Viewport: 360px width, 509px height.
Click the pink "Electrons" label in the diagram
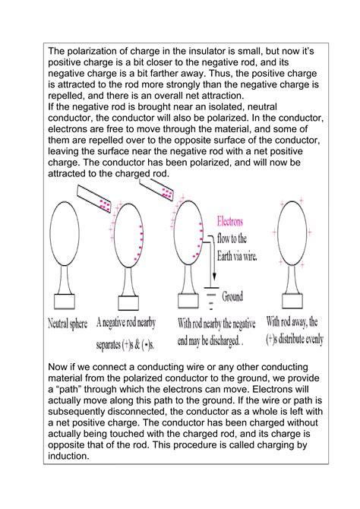point(232,223)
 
